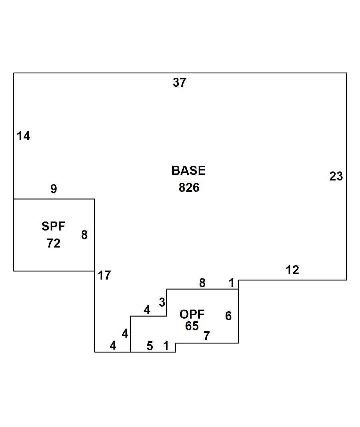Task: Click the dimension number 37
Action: click(179, 82)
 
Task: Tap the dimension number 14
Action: click(23, 136)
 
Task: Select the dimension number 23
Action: click(336, 176)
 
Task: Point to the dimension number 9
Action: click(54, 189)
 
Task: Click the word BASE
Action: click(188, 170)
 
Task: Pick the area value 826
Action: click(189, 187)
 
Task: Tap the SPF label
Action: click(53, 226)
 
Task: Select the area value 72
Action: click(54, 244)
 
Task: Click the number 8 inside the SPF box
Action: click(84, 235)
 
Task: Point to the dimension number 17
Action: click(104, 275)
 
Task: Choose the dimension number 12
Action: click(292, 270)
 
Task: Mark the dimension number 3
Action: click(162, 302)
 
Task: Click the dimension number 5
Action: click(150, 346)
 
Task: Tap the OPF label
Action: click(192, 314)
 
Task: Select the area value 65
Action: click(192, 326)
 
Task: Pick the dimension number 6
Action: click(228, 316)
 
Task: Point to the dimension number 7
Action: click(207, 336)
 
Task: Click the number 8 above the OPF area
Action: click(202, 283)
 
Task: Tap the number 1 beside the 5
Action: click(166, 346)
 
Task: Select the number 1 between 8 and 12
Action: click(231, 283)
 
